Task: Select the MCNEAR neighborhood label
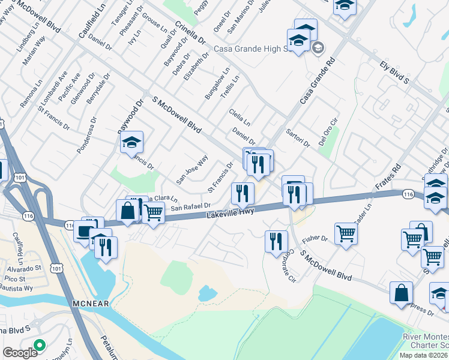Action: pos(91,304)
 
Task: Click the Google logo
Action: pos(20,353)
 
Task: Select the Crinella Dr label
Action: pos(190,34)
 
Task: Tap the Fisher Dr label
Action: pos(315,238)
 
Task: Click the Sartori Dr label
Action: pos(297,137)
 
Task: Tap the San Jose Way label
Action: pos(191,169)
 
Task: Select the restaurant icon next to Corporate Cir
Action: pos(276,241)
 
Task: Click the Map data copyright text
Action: pos(423,355)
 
